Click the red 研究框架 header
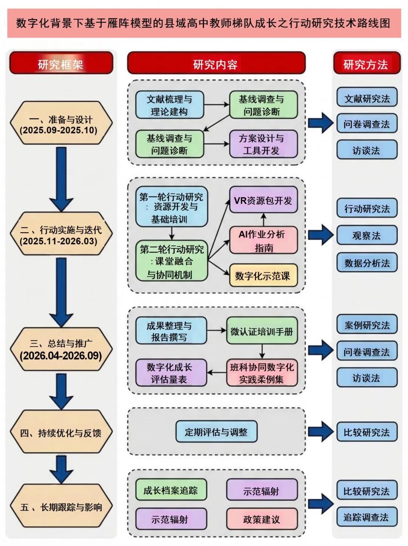[x=61, y=63]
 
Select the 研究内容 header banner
[x=216, y=63]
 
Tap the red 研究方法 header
[x=366, y=63]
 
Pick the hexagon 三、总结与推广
[x=61, y=350]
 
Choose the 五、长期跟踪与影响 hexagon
[x=61, y=507]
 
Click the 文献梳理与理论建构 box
[x=170, y=105]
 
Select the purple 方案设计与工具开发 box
[x=263, y=144]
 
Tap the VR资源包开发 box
[x=263, y=200]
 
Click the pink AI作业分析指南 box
[x=263, y=241]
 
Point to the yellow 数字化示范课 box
[x=263, y=276]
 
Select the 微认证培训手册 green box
[x=262, y=332]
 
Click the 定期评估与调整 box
[x=216, y=432]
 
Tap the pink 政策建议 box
[x=262, y=519]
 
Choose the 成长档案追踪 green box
[x=171, y=490]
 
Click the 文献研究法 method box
[x=366, y=98]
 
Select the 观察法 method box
[x=366, y=236]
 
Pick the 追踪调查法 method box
[x=366, y=517]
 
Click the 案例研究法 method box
[x=366, y=325]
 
